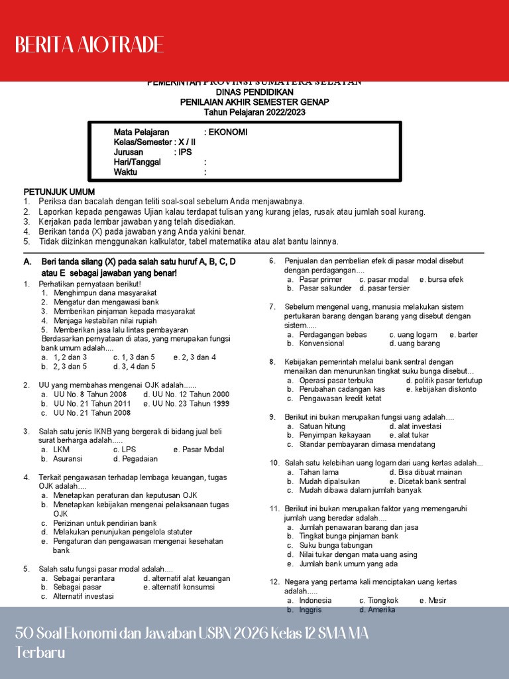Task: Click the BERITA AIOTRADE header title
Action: (89, 45)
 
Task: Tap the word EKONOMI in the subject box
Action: (228, 132)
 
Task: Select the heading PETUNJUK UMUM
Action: (59, 192)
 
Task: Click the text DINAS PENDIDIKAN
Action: (254, 92)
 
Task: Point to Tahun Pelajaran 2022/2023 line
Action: (254, 112)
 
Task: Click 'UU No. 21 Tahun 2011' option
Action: (92, 403)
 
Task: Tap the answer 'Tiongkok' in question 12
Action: (384, 600)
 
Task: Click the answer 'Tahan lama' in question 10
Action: (319, 472)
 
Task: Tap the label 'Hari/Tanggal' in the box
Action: (137, 162)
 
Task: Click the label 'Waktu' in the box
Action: (125, 172)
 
